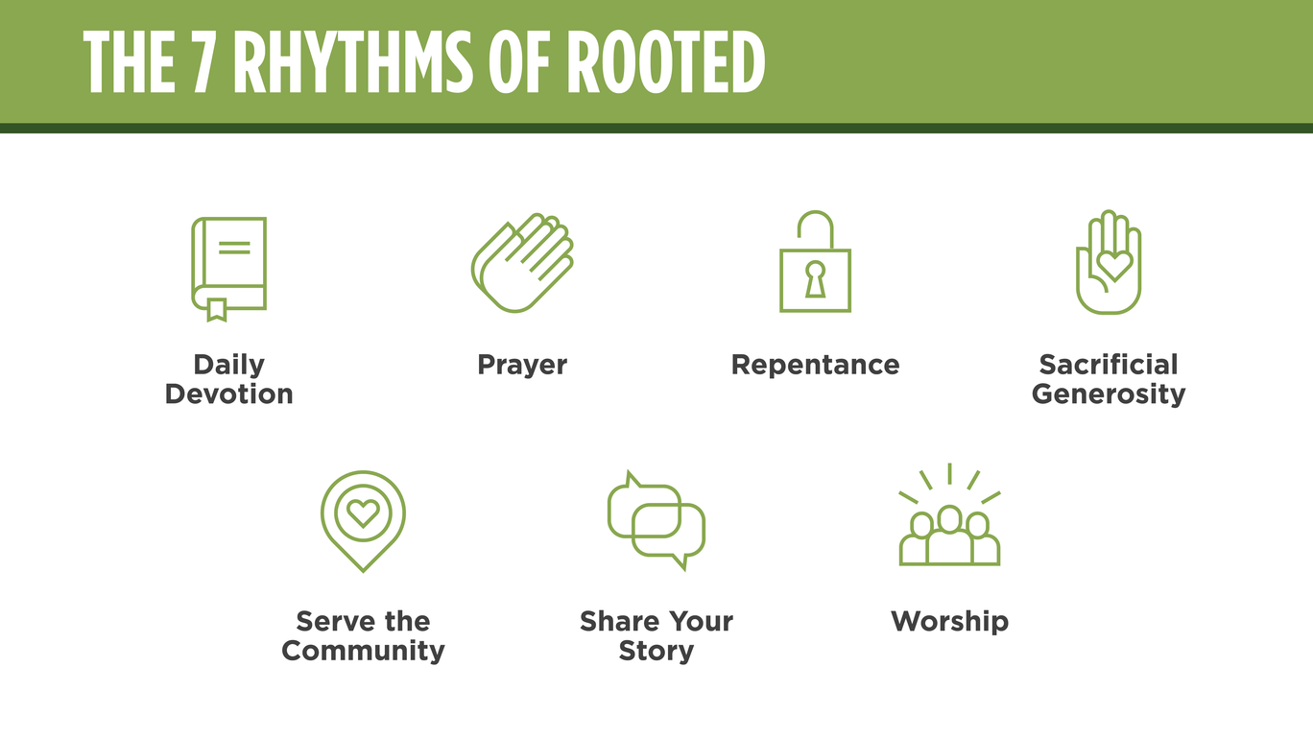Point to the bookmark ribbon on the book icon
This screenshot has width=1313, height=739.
point(217,309)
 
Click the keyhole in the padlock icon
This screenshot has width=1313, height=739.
point(815,279)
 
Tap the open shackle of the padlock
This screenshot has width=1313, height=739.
point(815,228)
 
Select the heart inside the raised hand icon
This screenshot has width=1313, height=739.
point(1113,264)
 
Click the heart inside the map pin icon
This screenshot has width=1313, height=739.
point(363,513)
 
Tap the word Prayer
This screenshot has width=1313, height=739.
point(522,366)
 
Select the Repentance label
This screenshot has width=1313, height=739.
point(815,366)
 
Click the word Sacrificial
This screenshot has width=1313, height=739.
point(1109,365)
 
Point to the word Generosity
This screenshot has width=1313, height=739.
point(1109,394)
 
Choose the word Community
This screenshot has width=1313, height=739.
point(363,651)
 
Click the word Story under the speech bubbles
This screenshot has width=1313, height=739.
point(656,651)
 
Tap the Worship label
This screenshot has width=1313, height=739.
point(949,622)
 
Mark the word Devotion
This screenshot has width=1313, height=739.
point(228,394)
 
